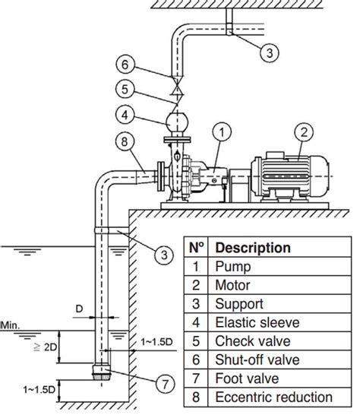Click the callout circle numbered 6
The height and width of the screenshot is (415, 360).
pos(125,65)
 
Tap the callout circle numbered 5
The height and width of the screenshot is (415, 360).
pos(125,89)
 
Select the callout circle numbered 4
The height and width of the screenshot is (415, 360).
pos(125,115)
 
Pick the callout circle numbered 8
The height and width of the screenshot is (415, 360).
pos(125,141)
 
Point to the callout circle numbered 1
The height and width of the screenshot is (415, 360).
pos(222,132)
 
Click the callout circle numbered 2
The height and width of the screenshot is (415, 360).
pos(304,132)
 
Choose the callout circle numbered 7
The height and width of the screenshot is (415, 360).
pos(165,384)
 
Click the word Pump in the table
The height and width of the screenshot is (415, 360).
pos(232,267)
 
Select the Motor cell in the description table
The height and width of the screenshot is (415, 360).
pos(232,285)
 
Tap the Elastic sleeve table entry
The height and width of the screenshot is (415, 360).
pos(257,322)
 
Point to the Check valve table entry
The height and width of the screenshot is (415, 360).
pos(253,341)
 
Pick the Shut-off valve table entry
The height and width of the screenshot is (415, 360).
pos(257,360)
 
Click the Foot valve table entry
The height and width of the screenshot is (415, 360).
pos(247,379)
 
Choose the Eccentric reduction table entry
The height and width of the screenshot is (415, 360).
pos(273,398)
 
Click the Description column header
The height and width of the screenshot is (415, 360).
pos(253,248)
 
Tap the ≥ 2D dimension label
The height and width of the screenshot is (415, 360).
pos(46,347)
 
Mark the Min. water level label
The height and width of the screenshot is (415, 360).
pos(10,325)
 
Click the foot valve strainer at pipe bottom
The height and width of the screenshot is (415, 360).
pos(101,372)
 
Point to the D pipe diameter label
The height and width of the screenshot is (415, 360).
pos(79,309)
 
